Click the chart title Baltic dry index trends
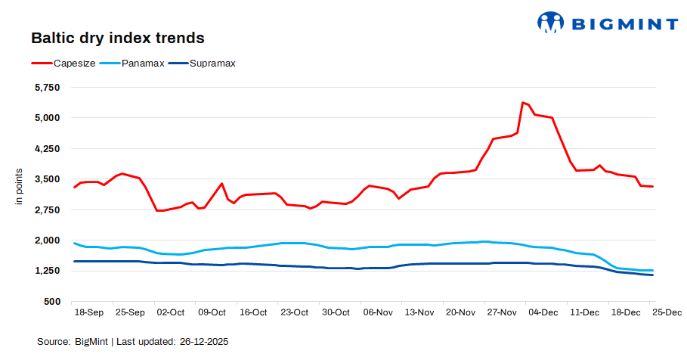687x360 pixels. point(117,38)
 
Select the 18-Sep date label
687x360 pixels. point(88,312)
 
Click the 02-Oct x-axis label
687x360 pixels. point(170,312)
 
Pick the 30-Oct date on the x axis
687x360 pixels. point(336,312)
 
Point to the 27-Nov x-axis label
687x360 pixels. point(502,312)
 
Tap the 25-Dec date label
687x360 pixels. point(667,312)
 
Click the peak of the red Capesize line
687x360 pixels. point(522,102)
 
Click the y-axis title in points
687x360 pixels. point(20,188)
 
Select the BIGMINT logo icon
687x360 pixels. point(550,22)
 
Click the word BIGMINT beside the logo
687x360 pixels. point(623,23)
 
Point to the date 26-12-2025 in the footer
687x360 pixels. point(204,342)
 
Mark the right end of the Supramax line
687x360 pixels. point(652,275)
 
